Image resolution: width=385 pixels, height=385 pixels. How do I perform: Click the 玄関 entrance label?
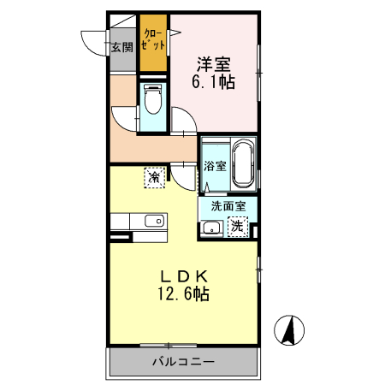pyautogui.click(x=121, y=48)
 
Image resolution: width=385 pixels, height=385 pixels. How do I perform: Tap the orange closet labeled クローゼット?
pyautogui.click(x=154, y=44)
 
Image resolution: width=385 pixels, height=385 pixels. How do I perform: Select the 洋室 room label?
pyautogui.click(x=214, y=64)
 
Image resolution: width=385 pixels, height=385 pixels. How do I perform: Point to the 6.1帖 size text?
pyautogui.click(x=214, y=83)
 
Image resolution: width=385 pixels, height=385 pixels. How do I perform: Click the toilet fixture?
pyautogui.click(x=154, y=103)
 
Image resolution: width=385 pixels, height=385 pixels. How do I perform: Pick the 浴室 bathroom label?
pyautogui.click(x=215, y=166)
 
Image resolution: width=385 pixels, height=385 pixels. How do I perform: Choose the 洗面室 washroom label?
pyautogui.click(x=228, y=205)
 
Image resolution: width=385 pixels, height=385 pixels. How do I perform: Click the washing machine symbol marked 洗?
pyautogui.click(x=240, y=228)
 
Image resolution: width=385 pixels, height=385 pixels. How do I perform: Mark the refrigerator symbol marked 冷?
pyautogui.click(x=154, y=177)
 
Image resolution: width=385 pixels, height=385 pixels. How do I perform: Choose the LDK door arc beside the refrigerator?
pyautogui.click(x=181, y=174)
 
